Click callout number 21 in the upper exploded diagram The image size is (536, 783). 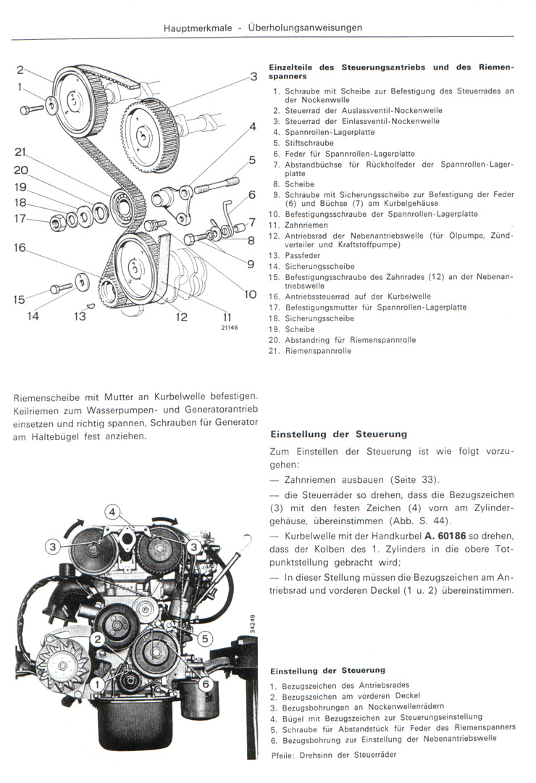point(20,152)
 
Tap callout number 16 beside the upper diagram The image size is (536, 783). point(20,248)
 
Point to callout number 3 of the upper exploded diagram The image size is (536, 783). point(254,76)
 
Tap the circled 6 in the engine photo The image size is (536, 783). point(205,683)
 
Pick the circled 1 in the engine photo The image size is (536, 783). point(96,683)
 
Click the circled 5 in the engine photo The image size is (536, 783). point(205,638)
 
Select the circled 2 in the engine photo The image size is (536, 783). point(96,638)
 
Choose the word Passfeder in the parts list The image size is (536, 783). point(302,256)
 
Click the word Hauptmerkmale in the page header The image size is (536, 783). point(198,28)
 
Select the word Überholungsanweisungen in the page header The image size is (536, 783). point(305,28)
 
